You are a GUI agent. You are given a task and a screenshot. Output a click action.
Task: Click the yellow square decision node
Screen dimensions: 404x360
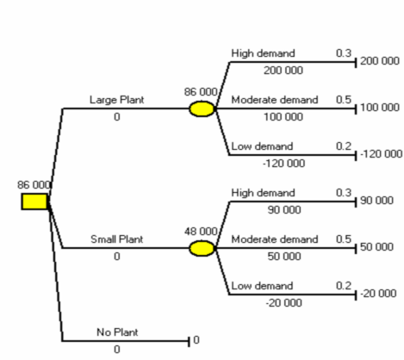click(34, 202)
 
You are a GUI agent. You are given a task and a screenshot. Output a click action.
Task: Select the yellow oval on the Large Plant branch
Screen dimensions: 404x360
click(202, 109)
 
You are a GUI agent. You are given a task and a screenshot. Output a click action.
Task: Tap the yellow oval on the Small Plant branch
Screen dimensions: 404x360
click(202, 248)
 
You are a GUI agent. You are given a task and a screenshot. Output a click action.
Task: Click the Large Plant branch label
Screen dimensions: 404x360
click(117, 100)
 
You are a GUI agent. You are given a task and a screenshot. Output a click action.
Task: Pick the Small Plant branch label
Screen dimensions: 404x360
click(117, 239)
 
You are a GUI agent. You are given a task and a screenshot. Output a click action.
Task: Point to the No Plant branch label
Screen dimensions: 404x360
click(117, 332)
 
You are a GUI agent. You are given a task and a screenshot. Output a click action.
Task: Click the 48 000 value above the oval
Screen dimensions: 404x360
click(201, 232)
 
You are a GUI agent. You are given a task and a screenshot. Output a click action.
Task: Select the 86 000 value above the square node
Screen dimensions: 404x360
click(34, 185)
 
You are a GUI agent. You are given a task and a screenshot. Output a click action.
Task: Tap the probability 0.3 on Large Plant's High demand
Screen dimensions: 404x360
click(344, 53)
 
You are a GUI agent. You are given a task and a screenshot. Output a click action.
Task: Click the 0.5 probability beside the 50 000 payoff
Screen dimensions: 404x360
click(344, 239)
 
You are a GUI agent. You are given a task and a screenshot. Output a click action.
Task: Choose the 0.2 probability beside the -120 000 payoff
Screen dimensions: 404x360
click(344, 146)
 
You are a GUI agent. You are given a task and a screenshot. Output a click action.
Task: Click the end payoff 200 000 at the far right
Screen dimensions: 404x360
click(380, 61)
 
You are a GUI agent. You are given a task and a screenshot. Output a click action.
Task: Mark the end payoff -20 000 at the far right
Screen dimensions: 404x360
click(378, 294)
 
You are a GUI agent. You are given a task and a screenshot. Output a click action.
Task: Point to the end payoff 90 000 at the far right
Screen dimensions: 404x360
click(376, 201)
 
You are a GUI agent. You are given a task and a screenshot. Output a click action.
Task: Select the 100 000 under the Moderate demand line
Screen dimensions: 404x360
click(283, 117)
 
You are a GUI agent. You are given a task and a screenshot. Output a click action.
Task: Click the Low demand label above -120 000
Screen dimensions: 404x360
click(262, 146)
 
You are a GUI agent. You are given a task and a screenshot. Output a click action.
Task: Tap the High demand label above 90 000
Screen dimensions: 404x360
click(263, 193)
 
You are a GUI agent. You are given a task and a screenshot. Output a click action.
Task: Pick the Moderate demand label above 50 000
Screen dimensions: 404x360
click(275, 239)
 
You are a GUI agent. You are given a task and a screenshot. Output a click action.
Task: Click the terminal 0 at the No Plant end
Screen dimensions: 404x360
click(196, 340)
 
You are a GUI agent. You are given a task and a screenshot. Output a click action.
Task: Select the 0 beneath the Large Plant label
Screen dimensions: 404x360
click(117, 117)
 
